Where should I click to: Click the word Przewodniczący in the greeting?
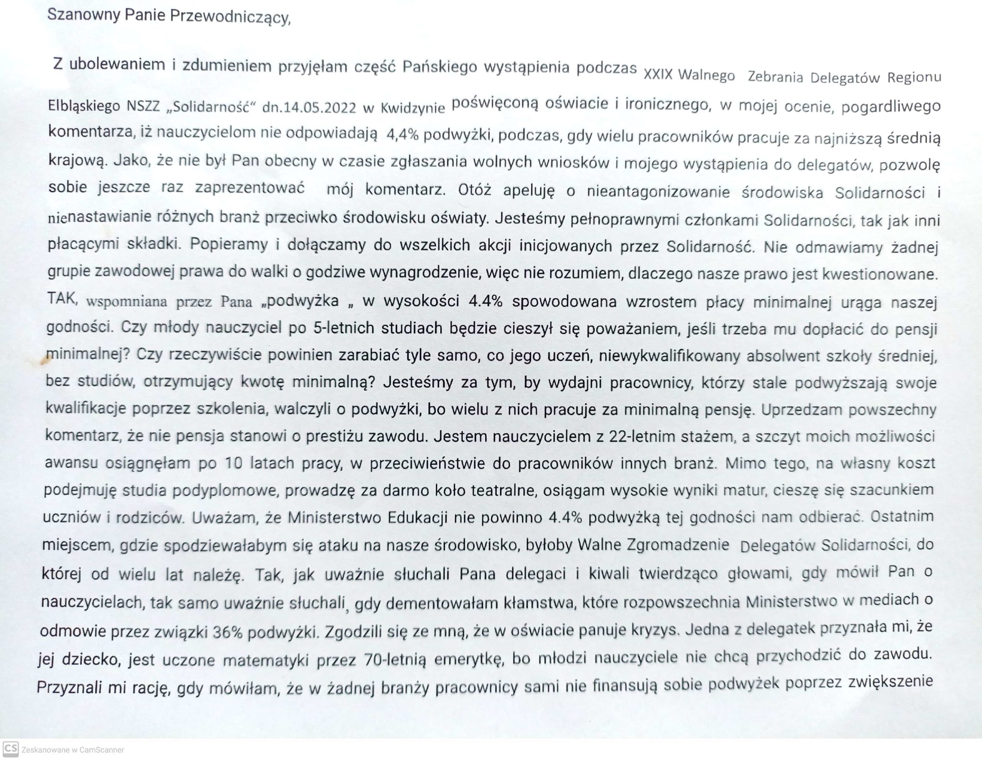click(230, 18)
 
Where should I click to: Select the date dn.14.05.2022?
click(309, 107)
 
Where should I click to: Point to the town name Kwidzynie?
click(412, 108)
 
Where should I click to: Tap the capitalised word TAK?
click(63, 298)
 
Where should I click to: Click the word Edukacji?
click(417, 517)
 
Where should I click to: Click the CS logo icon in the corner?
click(11, 749)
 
